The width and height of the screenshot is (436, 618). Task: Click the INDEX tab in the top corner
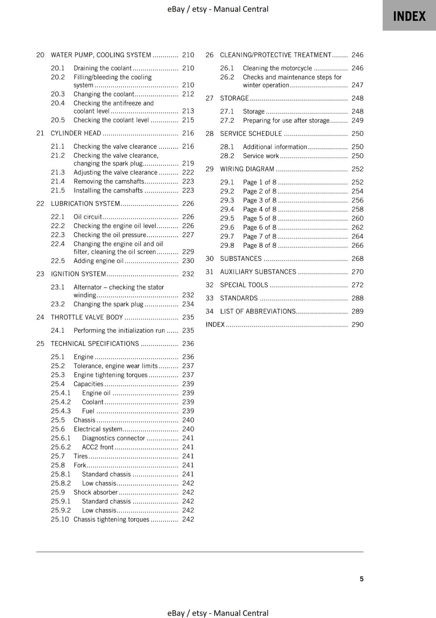[409, 16]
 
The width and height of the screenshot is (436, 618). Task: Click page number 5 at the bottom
[361, 579]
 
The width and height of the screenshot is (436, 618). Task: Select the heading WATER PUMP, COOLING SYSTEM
[101, 55]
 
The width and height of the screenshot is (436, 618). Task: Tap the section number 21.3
[58, 172]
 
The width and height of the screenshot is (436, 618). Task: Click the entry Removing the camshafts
[109, 181]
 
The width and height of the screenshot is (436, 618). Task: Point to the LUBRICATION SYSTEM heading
[85, 204]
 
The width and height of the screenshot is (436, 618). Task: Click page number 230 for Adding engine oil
[188, 261]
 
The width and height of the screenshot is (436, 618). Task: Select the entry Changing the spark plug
[108, 304]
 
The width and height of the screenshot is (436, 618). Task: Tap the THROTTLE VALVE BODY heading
[87, 317]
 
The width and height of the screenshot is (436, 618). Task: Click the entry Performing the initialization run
[119, 330]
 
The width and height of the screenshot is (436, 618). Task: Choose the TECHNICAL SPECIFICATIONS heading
[95, 343]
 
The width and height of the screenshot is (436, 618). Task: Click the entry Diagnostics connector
[113, 438]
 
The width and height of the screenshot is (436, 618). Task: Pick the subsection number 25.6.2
[61, 447]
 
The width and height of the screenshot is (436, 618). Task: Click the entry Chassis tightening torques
[111, 519]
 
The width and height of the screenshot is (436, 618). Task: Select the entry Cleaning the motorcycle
[277, 68]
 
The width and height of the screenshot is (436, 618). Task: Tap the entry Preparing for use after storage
[286, 120]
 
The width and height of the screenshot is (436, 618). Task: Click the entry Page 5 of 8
[259, 218]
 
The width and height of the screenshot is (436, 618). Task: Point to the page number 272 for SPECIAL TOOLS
[357, 285]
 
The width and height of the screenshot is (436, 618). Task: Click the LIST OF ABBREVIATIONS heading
[257, 311]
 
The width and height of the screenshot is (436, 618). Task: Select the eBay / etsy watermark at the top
[218, 9]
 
